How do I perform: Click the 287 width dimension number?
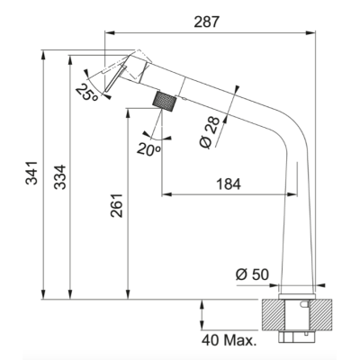click(207, 22)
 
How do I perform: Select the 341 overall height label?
click(31, 173)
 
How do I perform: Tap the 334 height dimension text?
click(59, 177)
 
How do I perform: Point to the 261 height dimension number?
click(117, 205)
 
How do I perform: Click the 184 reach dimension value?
click(229, 184)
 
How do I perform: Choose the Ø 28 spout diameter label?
click(210, 132)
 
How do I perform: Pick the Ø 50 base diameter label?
click(252, 274)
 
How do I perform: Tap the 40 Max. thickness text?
click(229, 340)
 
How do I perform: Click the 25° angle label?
click(87, 92)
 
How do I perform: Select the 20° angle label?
click(148, 149)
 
